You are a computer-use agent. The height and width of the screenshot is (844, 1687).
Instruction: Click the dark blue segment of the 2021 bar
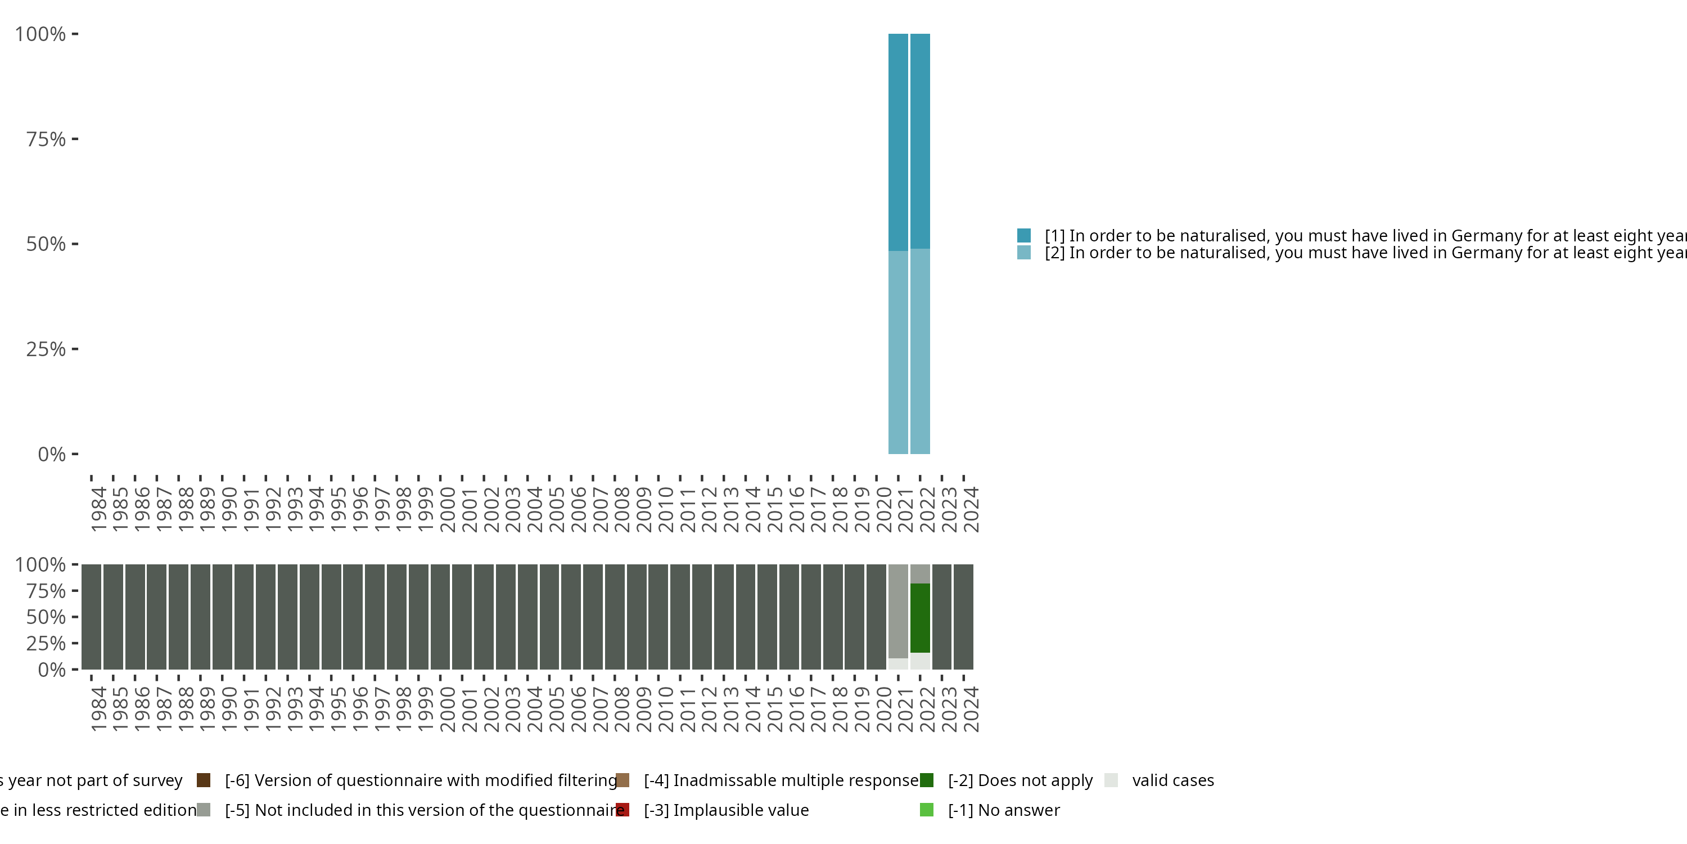[898, 142]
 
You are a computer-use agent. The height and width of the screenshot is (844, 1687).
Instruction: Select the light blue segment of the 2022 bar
[920, 351]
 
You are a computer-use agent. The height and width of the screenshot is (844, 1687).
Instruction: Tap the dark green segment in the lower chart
[920, 618]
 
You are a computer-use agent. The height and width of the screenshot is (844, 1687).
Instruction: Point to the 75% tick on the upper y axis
[75, 139]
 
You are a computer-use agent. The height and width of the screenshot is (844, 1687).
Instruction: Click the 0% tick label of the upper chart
[52, 454]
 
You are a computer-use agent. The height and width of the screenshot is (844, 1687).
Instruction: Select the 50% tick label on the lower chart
[46, 617]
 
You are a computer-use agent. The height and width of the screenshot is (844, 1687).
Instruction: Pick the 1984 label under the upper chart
[98, 509]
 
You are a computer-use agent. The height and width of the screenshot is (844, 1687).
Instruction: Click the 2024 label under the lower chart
[971, 709]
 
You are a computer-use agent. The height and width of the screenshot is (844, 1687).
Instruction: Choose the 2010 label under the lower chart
[665, 709]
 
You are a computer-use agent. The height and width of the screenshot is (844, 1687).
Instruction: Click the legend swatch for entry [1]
[1023, 235]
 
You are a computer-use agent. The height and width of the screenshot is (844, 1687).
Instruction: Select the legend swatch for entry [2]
[1023, 252]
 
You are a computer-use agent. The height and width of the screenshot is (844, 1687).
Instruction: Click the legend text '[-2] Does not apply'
[1020, 780]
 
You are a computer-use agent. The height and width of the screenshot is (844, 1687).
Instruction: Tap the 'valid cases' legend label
[1172, 780]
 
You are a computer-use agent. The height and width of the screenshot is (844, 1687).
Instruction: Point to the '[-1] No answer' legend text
[1003, 810]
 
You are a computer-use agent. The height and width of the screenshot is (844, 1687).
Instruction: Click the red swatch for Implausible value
[622, 810]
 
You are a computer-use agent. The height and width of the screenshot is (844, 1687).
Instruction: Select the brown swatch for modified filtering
[204, 780]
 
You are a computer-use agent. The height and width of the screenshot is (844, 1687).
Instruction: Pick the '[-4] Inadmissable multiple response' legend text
[781, 780]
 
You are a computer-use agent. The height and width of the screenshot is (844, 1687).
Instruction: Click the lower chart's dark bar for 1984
[91, 617]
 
